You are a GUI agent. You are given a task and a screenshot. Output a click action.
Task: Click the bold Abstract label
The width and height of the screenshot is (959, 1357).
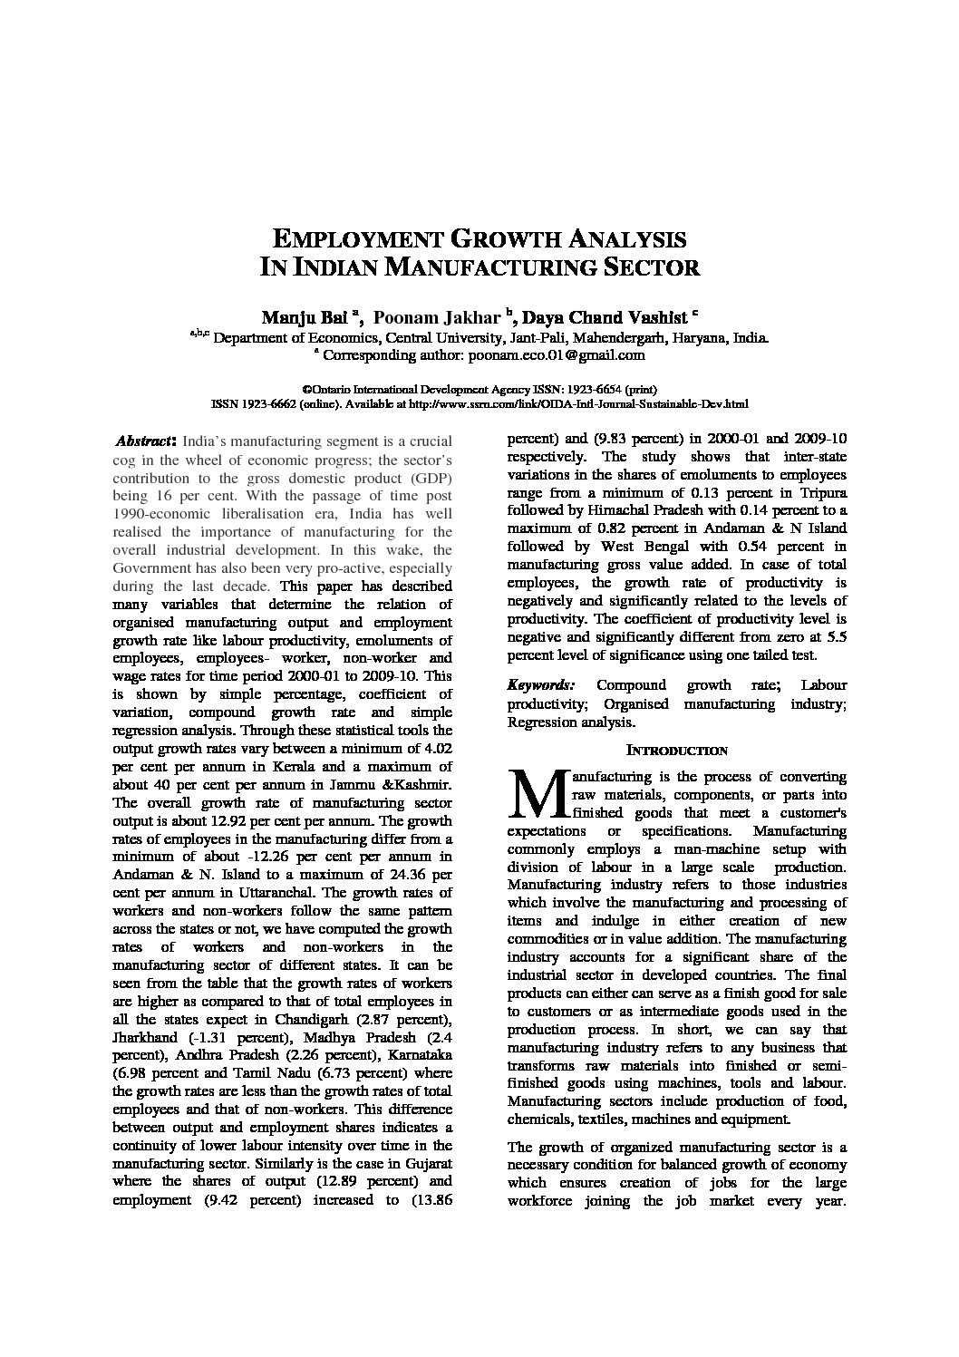[142, 442]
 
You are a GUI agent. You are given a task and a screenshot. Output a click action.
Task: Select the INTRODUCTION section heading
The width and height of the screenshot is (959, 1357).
[677, 751]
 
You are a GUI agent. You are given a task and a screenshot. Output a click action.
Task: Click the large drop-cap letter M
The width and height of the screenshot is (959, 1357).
[537, 794]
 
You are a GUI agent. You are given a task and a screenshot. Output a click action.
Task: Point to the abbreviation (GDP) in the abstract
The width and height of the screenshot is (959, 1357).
[426, 478]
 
